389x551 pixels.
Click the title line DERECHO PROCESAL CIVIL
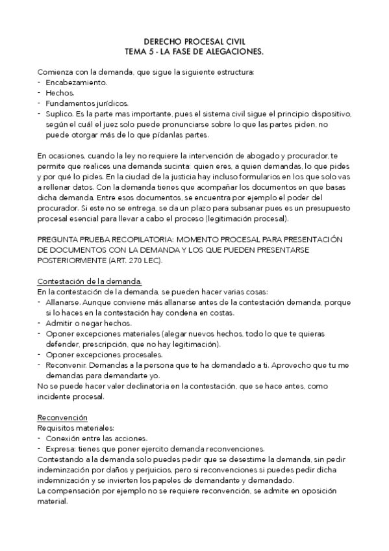point(194,40)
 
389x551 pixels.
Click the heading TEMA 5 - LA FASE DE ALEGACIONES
point(194,49)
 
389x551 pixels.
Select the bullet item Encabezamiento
point(77,83)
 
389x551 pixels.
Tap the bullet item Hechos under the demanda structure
point(60,93)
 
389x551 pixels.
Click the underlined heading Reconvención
point(62,417)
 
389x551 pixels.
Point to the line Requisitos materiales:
point(76,428)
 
